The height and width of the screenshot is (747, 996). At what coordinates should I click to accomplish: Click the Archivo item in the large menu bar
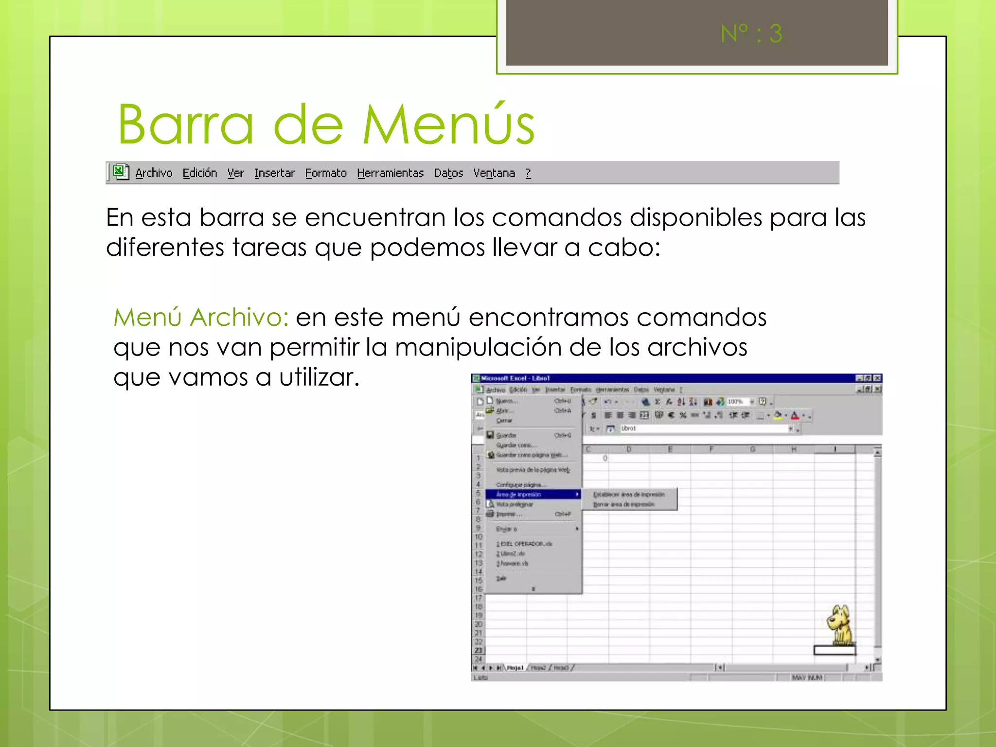154,173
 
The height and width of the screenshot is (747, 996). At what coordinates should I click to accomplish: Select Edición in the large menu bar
199,173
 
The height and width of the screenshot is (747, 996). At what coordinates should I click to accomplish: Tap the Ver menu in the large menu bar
235,173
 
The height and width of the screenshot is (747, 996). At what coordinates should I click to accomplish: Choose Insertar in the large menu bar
274,173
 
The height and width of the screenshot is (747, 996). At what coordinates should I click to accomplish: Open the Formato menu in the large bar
326,173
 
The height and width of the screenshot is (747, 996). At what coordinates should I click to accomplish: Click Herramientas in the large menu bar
390,173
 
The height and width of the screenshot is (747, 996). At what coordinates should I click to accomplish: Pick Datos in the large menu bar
448,173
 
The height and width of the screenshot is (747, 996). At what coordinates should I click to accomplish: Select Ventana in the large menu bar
494,173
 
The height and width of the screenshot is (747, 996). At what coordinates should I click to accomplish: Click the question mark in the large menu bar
528,173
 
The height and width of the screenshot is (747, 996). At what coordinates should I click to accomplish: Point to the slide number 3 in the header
776,34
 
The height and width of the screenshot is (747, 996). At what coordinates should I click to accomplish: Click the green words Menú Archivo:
201,317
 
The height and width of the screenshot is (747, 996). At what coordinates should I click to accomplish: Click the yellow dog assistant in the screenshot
840,625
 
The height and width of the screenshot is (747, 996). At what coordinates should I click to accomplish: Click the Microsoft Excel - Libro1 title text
515,378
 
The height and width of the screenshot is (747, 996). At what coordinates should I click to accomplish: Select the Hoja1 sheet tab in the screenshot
515,668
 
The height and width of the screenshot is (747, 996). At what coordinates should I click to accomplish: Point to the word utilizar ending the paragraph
319,377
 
